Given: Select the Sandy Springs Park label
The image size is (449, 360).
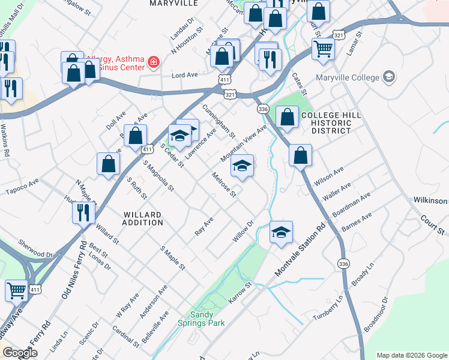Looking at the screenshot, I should coord(208,319).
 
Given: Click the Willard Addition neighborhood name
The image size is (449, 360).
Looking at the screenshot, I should coord(143,218).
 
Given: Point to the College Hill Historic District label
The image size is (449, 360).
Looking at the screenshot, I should coord(326,122).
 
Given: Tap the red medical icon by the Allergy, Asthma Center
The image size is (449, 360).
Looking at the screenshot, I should coord(154,62).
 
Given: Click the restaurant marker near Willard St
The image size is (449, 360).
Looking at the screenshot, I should coord(83,212).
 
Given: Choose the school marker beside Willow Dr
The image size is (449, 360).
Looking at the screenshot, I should coord(280,232).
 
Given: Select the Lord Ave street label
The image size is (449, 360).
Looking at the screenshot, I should coord(185,75).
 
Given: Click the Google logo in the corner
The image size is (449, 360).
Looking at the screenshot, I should coord(20,352).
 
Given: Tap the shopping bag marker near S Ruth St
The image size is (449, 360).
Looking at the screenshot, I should coord(108,163).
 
